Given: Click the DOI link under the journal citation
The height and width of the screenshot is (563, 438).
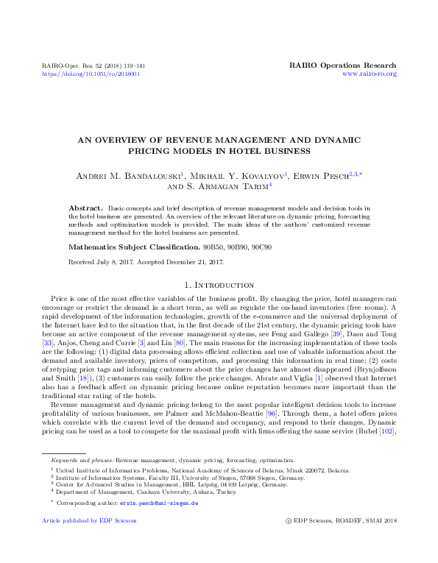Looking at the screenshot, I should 91,74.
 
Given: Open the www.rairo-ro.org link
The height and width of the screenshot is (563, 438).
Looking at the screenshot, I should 370,74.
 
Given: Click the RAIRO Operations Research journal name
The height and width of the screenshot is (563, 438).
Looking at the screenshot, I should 344,65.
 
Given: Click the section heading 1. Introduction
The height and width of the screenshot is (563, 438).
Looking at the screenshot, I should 219,285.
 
